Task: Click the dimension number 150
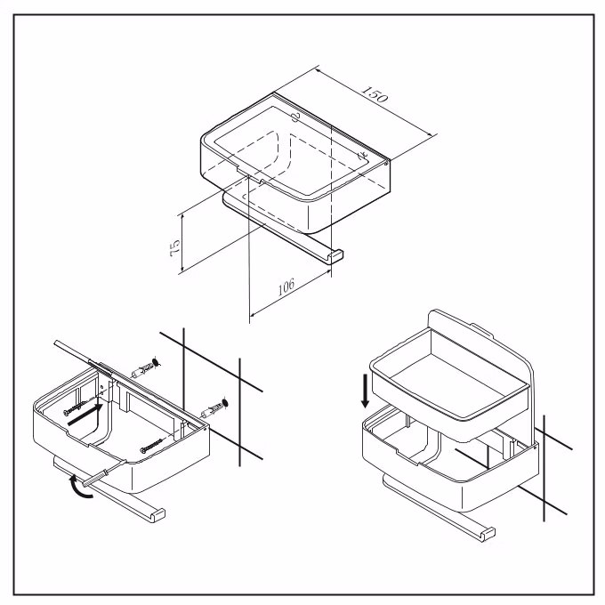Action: (x=375, y=94)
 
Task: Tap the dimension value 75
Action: (x=174, y=248)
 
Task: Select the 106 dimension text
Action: (x=286, y=286)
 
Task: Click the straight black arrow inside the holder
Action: (x=85, y=415)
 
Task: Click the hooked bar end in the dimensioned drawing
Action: (x=335, y=255)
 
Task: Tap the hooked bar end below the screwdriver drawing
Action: (x=157, y=515)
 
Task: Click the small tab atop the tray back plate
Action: (x=481, y=330)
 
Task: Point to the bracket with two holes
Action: (x=103, y=388)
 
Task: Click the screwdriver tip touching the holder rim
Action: (x=125, y=462)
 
